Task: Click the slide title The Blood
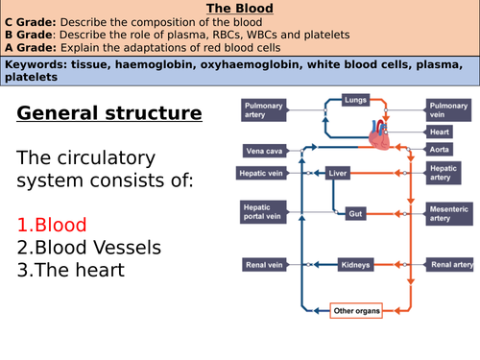click(240, 9)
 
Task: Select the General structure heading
click(109, 114)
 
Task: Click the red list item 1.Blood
click(52, 224)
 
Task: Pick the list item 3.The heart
click(71, 270)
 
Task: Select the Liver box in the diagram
click(337, 174)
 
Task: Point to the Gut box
click(355, 212)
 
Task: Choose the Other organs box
click(354, 310)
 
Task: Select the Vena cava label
click(263, 150)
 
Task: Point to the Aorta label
click(443, 150)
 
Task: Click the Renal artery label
click(450, 263)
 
